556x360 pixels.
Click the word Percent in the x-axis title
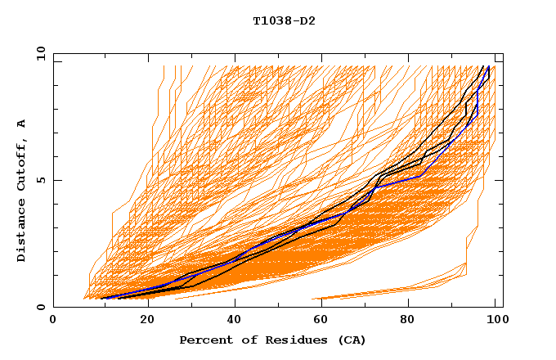pyautogui.click(x=204, y=340)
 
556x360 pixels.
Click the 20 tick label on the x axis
pyautogui.click(x=142, y=320)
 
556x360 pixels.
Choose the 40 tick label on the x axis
pyautogui.click(x=231, y=320)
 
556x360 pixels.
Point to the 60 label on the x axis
pyautogui.click(x=320, y=320)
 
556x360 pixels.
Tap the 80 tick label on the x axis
pyautogui.click(x=408, y=320)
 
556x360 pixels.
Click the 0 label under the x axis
pyautogui.click(x=53, y=320)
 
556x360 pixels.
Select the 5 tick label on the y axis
pyautogui.click(x=40, y=180)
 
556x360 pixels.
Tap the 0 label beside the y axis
pyautogui.click(x=40, y=308)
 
